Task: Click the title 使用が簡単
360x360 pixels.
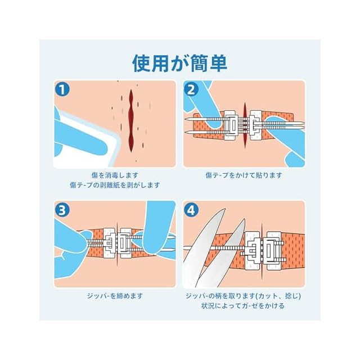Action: pos(180,63)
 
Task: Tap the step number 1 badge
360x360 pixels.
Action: pos(62,89)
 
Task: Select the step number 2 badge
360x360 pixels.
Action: pos(191,89)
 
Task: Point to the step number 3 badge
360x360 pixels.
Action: pos(62,210)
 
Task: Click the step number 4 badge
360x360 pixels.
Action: pos(191,210)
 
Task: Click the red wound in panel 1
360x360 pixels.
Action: pos(131,120)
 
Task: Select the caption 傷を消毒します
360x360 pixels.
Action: pos(115,175)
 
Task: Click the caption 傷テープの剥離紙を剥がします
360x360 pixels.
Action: pos(115,185)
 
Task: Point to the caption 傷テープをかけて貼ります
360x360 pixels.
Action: pos(244,175)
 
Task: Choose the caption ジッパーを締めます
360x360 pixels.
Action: pos(115,296)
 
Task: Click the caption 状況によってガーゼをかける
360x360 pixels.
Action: pos(243,305)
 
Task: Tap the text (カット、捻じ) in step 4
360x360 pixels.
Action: pos(278,296)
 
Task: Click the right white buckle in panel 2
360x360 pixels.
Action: pos(256,125)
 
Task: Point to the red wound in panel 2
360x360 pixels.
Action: pos(245,125)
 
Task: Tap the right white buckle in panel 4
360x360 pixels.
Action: pos(274,251)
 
